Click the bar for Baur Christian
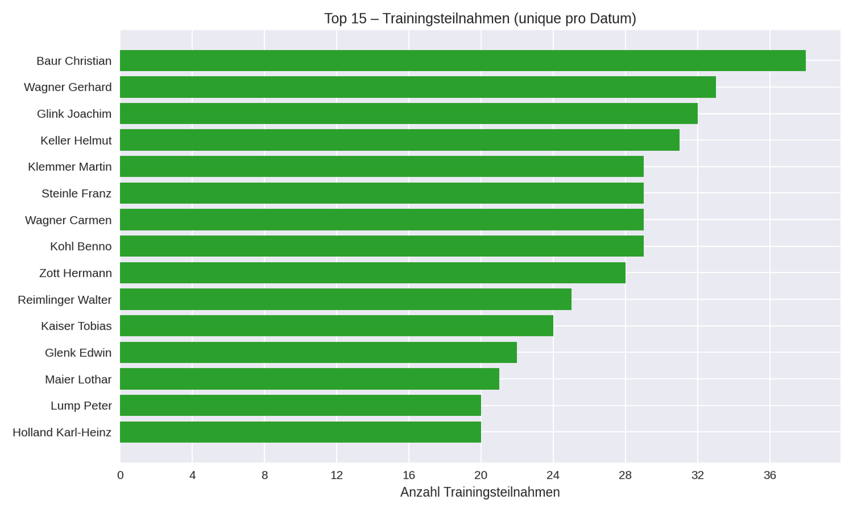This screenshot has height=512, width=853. (463, 61)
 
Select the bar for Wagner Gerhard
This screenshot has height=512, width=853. (418, 87)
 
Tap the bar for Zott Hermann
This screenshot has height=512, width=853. (373, 273)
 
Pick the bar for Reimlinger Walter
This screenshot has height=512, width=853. (346, 299)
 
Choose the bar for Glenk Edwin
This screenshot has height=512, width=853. (318, 352)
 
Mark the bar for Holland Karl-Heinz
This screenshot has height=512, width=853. (301, 432)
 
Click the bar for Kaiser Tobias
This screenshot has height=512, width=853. (337, 326)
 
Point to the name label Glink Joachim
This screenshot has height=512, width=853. (74, 114)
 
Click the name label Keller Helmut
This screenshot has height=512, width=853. (76, 141)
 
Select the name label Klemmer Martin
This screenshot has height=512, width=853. (70, 167)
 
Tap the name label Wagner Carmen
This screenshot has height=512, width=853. (68, 220)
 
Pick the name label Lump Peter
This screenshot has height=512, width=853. (81, 406)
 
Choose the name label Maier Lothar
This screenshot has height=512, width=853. (78, 379)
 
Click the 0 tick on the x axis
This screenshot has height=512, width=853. (121, 475)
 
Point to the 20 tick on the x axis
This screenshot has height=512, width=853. (481, 475)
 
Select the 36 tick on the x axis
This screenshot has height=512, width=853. (770, 475)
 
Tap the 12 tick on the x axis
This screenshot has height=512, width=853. (337, 475)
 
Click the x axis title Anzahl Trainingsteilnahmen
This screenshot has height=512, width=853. (480, 492)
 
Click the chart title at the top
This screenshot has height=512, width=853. (480, 19)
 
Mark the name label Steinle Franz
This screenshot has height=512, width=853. (76, 194)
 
